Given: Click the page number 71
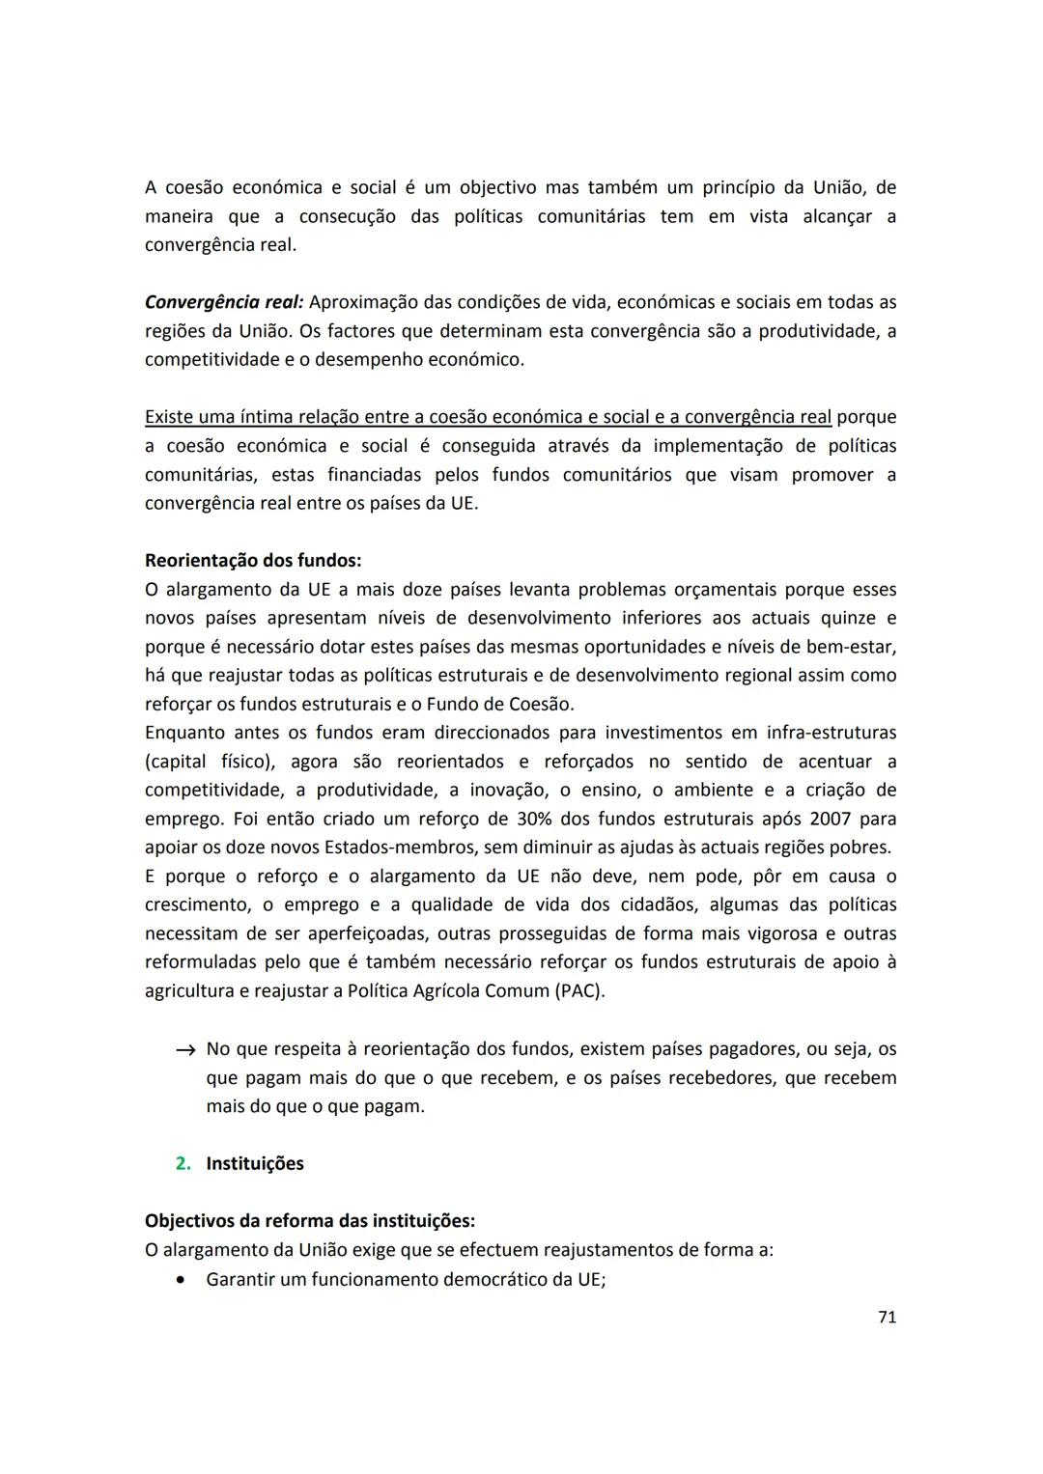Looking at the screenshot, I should click(x=887, y=1317).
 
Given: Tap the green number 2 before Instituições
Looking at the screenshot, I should click(x=183, y=1163).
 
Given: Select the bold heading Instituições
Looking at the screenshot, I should click(x=255, y=1163).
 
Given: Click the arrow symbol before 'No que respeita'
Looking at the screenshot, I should click(x=185, y=1049).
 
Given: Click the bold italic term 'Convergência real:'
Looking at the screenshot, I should click(x=224, y=302).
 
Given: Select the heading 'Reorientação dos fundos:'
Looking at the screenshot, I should click(x=253, y=560).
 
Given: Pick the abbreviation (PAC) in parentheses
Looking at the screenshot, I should click(x=579, y=991).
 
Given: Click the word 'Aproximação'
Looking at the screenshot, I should click(x=363, y=302).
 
